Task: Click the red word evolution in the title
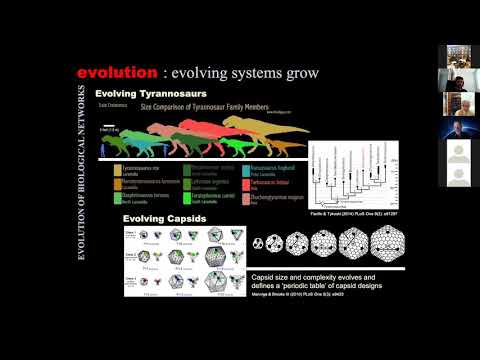(x=116, y=73)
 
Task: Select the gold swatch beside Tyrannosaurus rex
(x=117, y=170)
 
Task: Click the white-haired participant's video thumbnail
(x=456, y=98)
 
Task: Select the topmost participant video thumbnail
(x=456, y=57)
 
